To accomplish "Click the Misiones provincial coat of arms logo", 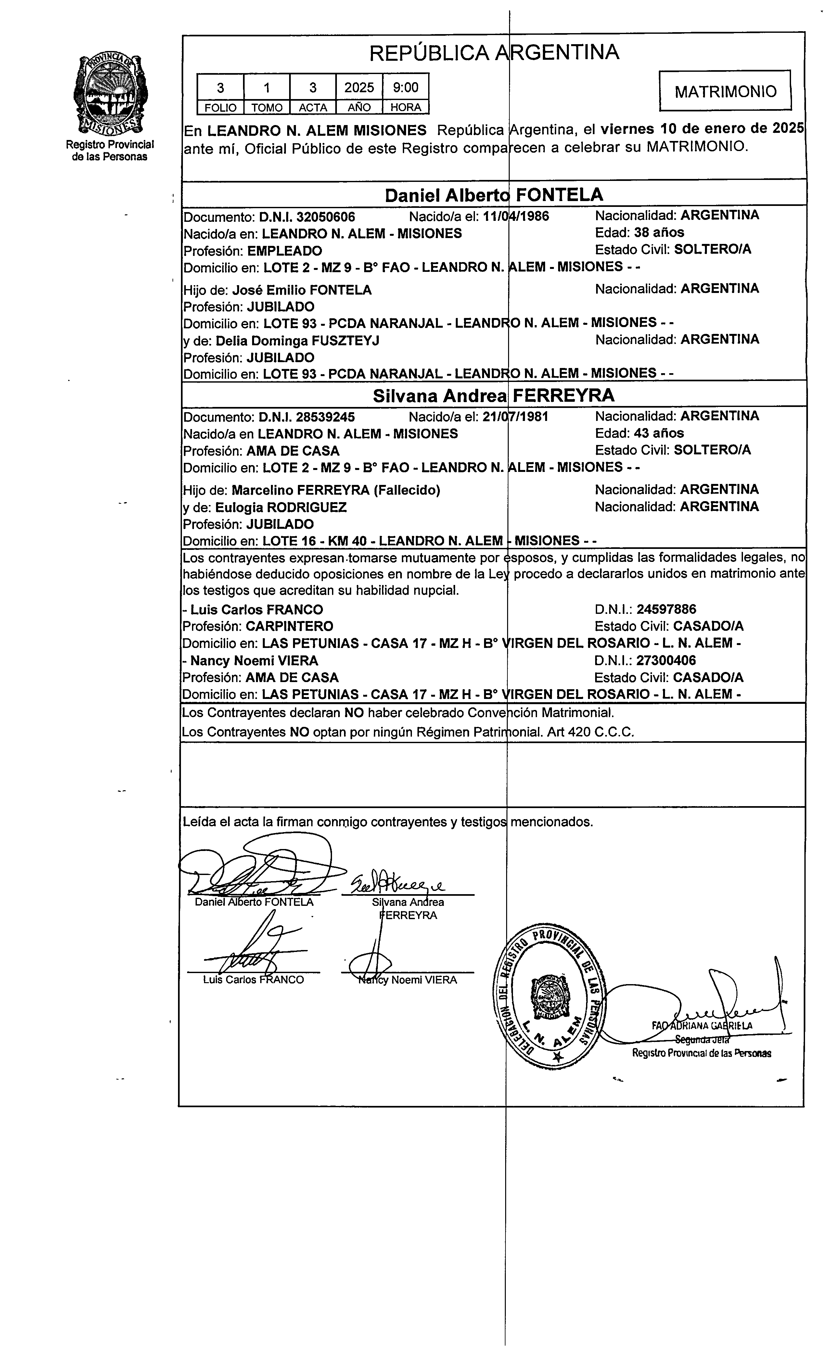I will pyautogui.click(x=109, y=95).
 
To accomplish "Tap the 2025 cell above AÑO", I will pyautogui.click(x=359, y=87).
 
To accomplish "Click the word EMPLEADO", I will pyautogui.click(x=285, y=251).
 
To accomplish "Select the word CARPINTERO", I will pyautogui.click(x=289, y=626).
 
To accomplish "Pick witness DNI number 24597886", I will pyautogui.click(x=666, y=609).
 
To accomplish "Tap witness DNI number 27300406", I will pyautogui.click(x=666, y=660).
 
